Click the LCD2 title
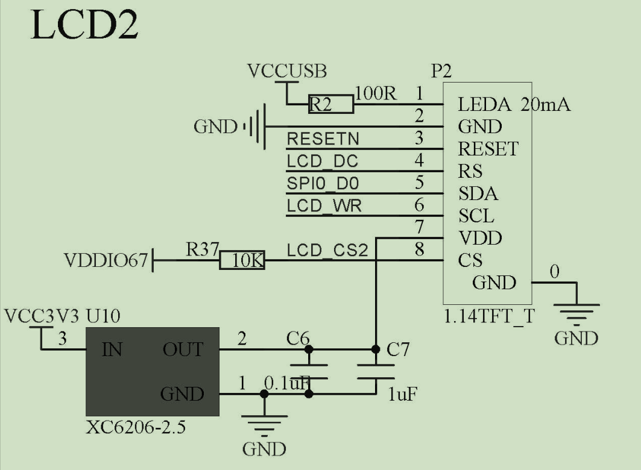84,26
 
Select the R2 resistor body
330,104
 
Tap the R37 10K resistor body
241,261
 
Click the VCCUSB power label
287,71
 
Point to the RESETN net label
323,139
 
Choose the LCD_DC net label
322,161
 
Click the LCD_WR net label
324,205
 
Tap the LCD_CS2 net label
327,249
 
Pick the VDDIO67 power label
106,261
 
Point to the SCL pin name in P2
476,216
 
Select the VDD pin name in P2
479,238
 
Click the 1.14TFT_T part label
488,317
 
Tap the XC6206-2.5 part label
136,428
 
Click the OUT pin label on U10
182,349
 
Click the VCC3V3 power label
42,316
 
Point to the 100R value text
376,93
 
